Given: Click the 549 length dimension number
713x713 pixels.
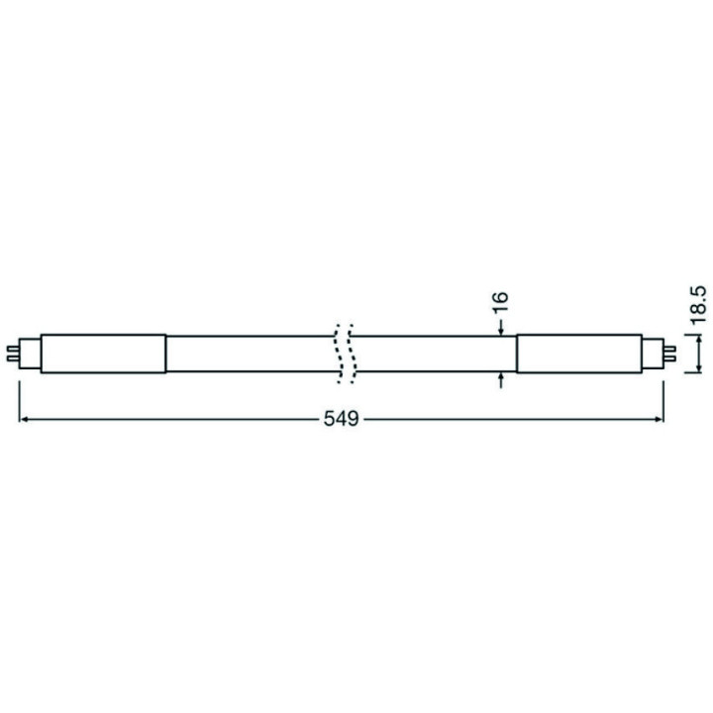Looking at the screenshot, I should (340, 418).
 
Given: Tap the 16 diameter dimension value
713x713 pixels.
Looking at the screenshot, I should (499, 302).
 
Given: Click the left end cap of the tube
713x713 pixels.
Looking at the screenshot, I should (103, 353).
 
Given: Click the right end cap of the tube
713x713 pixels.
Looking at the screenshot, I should (590, 353).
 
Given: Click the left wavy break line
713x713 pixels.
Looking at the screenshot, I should (338, 353).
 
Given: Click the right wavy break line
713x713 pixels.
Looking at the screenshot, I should (351, 353).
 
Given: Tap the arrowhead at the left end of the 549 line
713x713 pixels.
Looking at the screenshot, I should (24, 419).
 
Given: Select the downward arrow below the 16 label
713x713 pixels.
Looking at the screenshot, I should (503, 328).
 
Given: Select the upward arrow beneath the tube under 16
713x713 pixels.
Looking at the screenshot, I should (503, 377).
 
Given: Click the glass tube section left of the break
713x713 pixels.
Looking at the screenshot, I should (248, 353).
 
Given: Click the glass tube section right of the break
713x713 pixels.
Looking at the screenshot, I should (436, 353).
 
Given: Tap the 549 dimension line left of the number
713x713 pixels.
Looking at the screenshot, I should (168, 419).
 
